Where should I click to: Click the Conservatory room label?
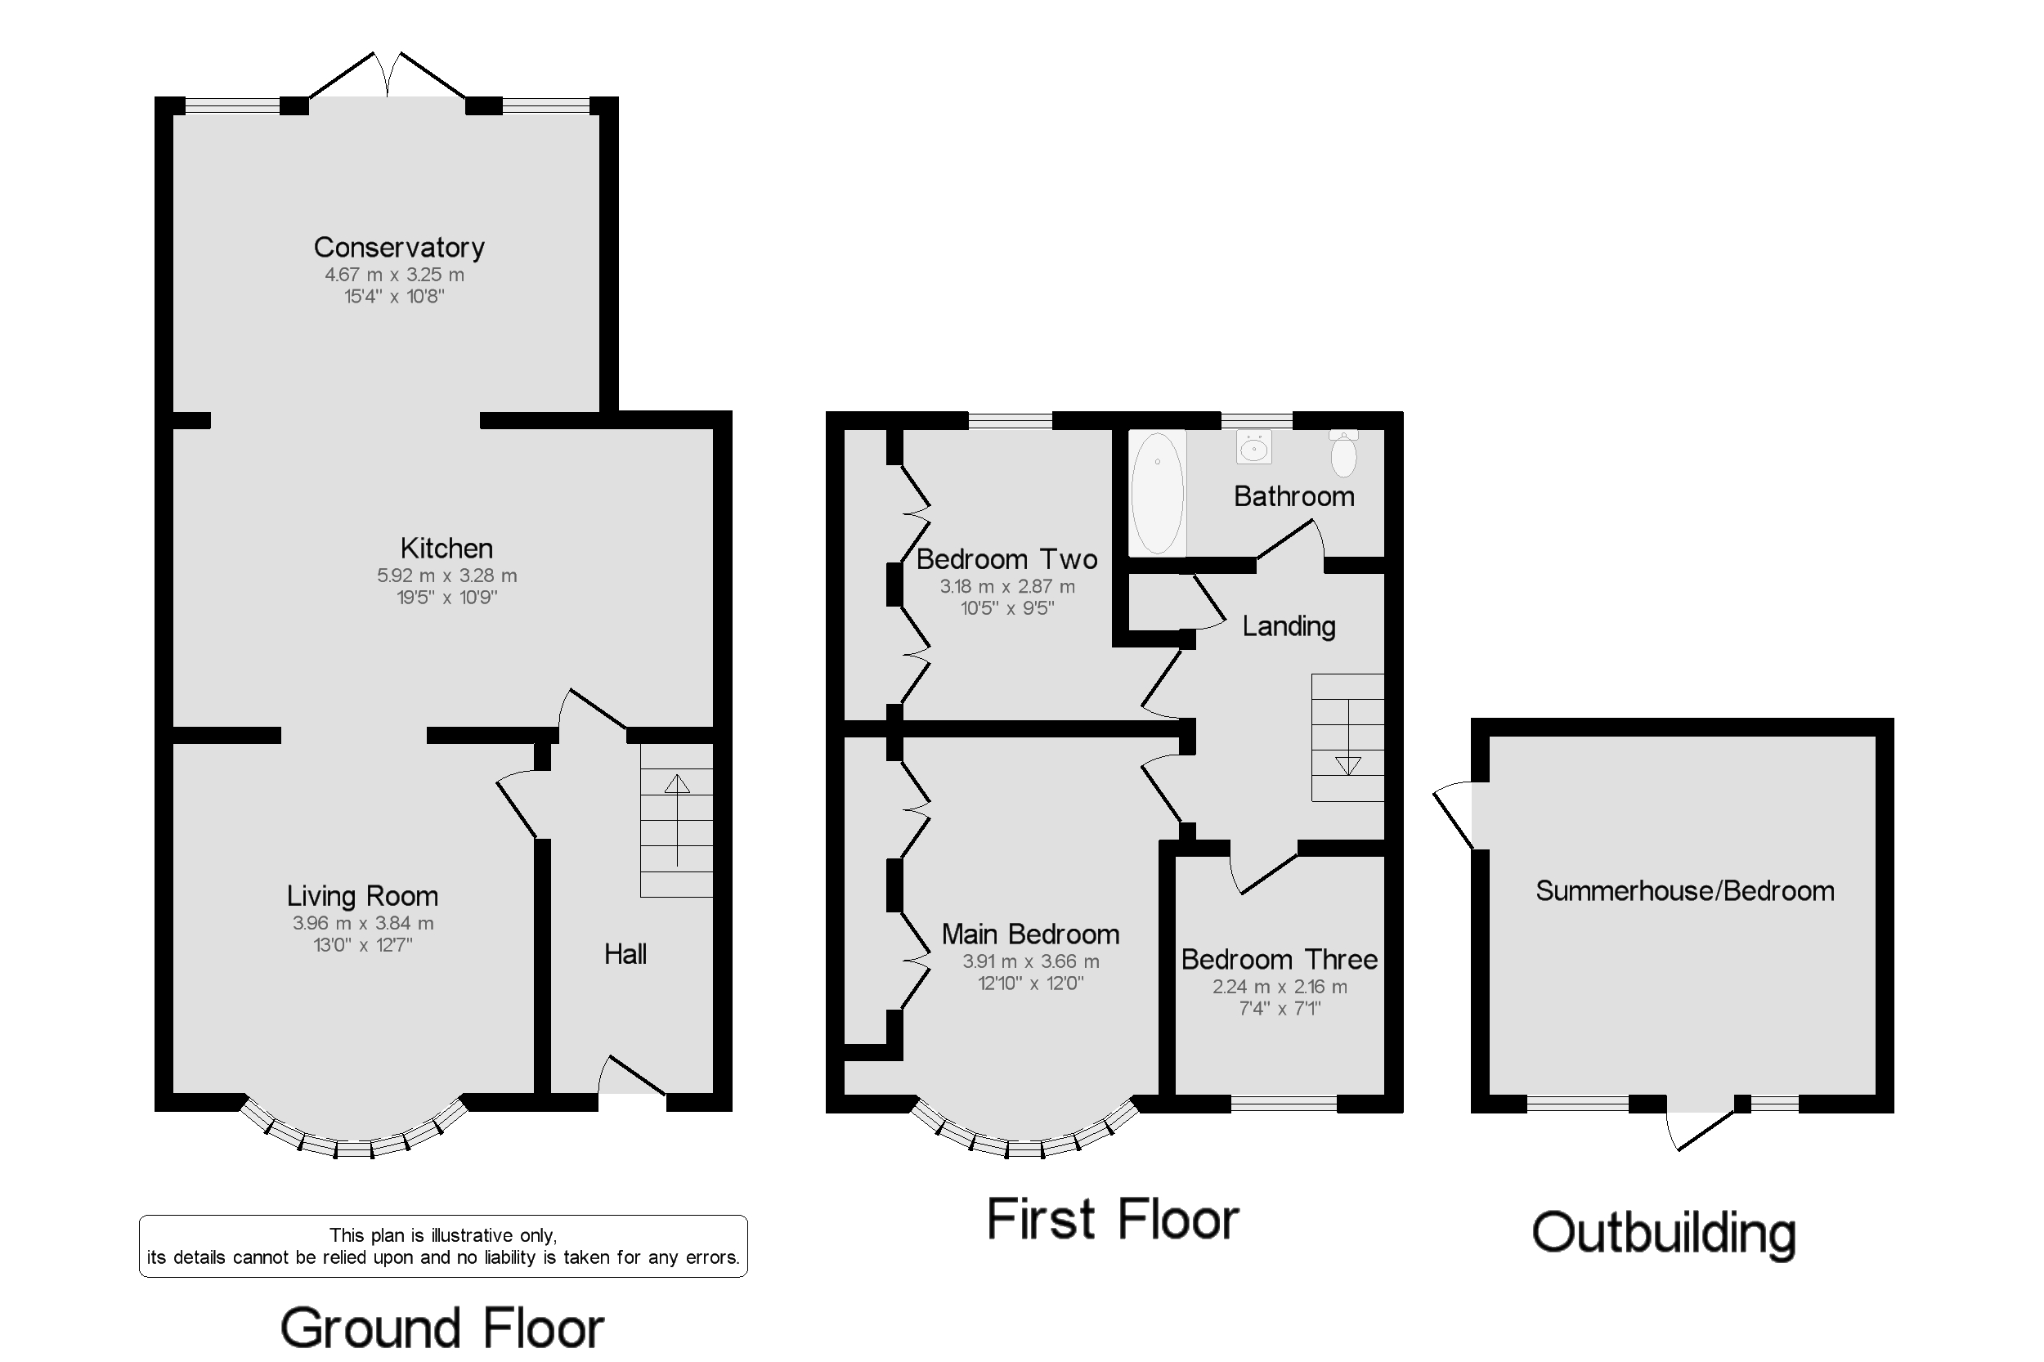coord(399,248)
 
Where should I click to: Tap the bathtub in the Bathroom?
coord(1157,492)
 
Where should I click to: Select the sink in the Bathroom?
coord(1253,447)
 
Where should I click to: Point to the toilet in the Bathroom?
coord(1343,454)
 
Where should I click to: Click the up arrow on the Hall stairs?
coord(677,783)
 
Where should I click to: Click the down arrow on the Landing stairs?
coord(1347,765)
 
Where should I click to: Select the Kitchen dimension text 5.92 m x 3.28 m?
coord(446,575)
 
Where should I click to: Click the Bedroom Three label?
coord(1279,959)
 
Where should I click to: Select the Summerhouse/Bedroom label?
coord(1684,890)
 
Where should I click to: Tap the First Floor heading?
coord(1112,1220)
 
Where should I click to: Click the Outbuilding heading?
coord(1663,1233)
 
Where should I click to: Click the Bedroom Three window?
coord(1283,1104)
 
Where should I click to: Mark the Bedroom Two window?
coord(1010,420)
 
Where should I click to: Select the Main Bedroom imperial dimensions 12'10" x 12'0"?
coord(1030,983)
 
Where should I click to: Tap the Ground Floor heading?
coord(442,1328)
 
